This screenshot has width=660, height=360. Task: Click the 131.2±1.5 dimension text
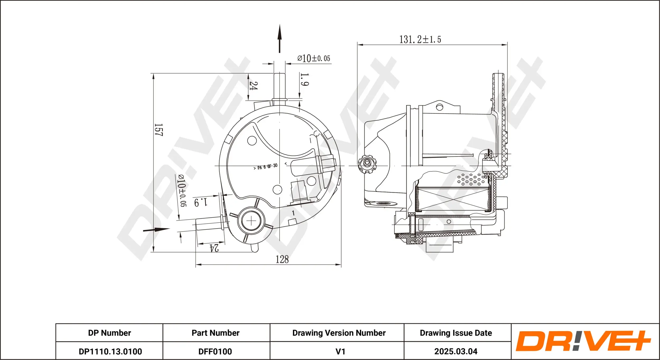click(420, 40)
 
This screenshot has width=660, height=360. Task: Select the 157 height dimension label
click(158, 130)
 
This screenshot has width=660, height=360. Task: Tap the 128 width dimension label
click(282, 259)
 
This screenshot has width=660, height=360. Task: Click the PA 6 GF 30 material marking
click(267, 167)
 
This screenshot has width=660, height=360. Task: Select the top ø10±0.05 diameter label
click(314, 58)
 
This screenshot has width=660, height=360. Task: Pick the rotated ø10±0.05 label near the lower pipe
click(182, 190)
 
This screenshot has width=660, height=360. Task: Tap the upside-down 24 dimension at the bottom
click(214, 248)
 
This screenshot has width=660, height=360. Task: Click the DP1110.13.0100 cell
click(110, 351)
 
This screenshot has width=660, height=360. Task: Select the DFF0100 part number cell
click(215, 351)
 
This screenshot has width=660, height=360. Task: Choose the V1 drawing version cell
click(340, 351)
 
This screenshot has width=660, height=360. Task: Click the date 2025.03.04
click(456, 351)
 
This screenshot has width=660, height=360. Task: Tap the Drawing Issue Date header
click(456, 333)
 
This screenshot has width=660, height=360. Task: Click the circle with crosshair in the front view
click(251, 221)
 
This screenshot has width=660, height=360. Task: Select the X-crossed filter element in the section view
click(453, 199)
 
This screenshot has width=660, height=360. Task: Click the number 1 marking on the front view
click(293, 213)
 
